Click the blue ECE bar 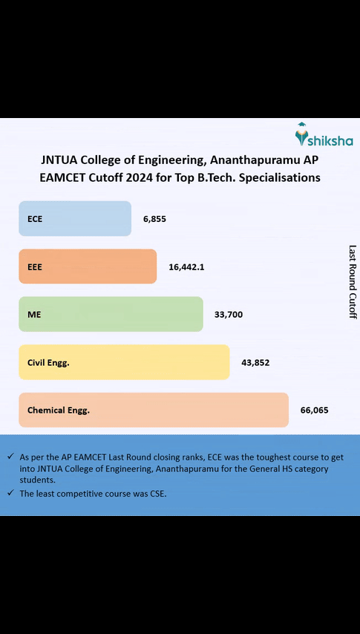click(75, 218)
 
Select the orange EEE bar click(88, 267)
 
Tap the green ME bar click(111, 314)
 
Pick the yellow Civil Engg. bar click(124, 362)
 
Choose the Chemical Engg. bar click(154, 410)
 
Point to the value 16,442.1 click(186, 267)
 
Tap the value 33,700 click(228, 315)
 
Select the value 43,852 click(255, 362)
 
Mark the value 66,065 click(314, 410)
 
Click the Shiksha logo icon click(302, 134)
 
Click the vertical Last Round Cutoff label click(353, 282)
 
